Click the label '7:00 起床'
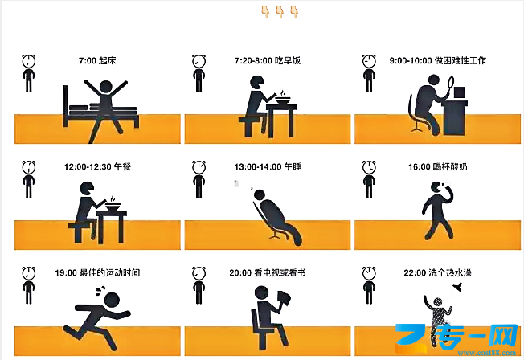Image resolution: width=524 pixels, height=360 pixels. pos(97,60)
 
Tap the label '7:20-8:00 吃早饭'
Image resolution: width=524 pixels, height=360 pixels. pos(268,60)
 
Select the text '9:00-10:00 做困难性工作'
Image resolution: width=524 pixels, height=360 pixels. pos(437,60)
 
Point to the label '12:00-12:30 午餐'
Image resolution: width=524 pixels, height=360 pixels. pos(97,166)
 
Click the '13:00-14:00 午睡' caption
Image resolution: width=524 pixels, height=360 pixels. pos(268,166)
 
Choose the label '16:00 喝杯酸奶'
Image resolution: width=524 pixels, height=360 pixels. pos(437,166)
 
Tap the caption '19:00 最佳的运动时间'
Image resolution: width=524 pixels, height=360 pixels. pos(97,272)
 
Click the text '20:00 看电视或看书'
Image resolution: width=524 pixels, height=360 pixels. pos(268,272)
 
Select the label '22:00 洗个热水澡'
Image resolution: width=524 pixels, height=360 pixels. pos(437,272)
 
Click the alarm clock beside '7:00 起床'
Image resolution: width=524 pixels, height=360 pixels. pos(29,61)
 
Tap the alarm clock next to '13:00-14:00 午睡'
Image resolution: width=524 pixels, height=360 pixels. pos(199,167)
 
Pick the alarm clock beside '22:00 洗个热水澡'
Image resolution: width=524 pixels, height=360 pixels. pos(369,273)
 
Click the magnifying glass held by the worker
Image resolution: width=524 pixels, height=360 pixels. pos(449,84)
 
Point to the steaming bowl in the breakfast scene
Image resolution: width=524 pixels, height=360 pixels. pos(282,99)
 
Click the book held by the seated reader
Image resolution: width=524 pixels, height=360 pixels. pos(284,299)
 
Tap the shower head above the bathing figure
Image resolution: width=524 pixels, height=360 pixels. pos(458,287)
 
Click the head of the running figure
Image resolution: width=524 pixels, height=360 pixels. pos(112,300)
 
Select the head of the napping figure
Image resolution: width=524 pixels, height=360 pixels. pos(260,194)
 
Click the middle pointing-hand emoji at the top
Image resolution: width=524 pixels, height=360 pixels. pos(280,12)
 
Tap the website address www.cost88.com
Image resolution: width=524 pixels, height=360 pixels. pos(486,353)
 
